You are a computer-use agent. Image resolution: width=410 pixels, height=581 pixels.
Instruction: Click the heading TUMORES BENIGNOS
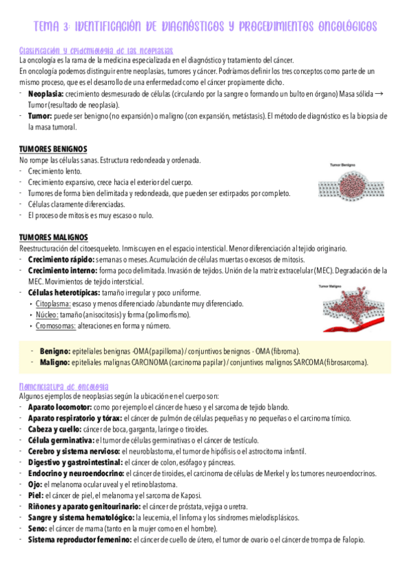click(x=53, y=149)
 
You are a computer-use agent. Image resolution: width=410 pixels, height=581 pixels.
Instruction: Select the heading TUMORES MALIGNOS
click(x=53, y=237)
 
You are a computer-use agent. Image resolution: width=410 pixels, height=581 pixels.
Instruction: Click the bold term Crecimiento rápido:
click(x=61, y=259)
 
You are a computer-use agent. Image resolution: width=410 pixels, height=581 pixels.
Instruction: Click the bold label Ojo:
click(x=35, y=484)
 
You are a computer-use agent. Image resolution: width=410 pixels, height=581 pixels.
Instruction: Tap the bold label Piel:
click(x=36, y=495)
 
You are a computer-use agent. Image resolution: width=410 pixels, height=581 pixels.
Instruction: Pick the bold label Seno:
click(x=37, y=528)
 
